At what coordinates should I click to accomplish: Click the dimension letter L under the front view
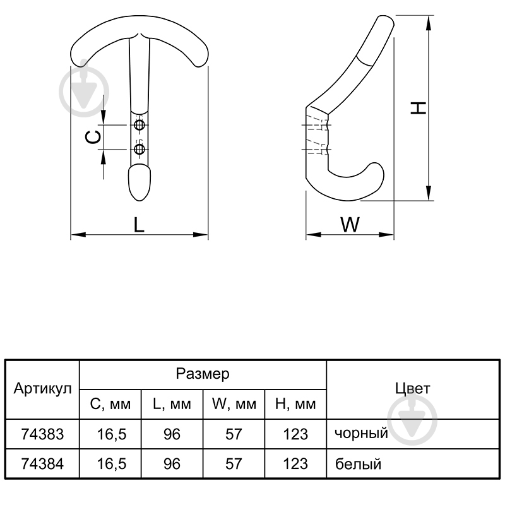coord(139,225)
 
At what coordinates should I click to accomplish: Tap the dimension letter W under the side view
coord(350,225)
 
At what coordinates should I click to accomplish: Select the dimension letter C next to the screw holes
coord(93,138)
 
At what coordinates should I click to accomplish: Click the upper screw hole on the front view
coord(140,125)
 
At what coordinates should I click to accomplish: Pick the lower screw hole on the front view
coord(140,149)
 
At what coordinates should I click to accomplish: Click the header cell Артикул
coord(42,389)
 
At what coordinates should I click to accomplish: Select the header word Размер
coord(203,374)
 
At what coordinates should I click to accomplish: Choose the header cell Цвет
coord(413,389)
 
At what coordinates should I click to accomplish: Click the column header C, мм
coord(110,404)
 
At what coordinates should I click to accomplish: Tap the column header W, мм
coord(234,404)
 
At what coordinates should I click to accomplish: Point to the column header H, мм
coord(295,404)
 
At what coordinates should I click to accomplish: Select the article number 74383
coord(42,434)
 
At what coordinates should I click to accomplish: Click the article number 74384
coord(42,464)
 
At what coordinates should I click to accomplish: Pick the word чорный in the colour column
coord(361,434)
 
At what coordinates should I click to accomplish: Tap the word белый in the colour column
coord(358,464)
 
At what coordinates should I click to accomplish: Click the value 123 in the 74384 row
coord(295,464)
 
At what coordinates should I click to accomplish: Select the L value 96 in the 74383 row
coord(172,434)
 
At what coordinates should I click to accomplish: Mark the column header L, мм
coord(172,404)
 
